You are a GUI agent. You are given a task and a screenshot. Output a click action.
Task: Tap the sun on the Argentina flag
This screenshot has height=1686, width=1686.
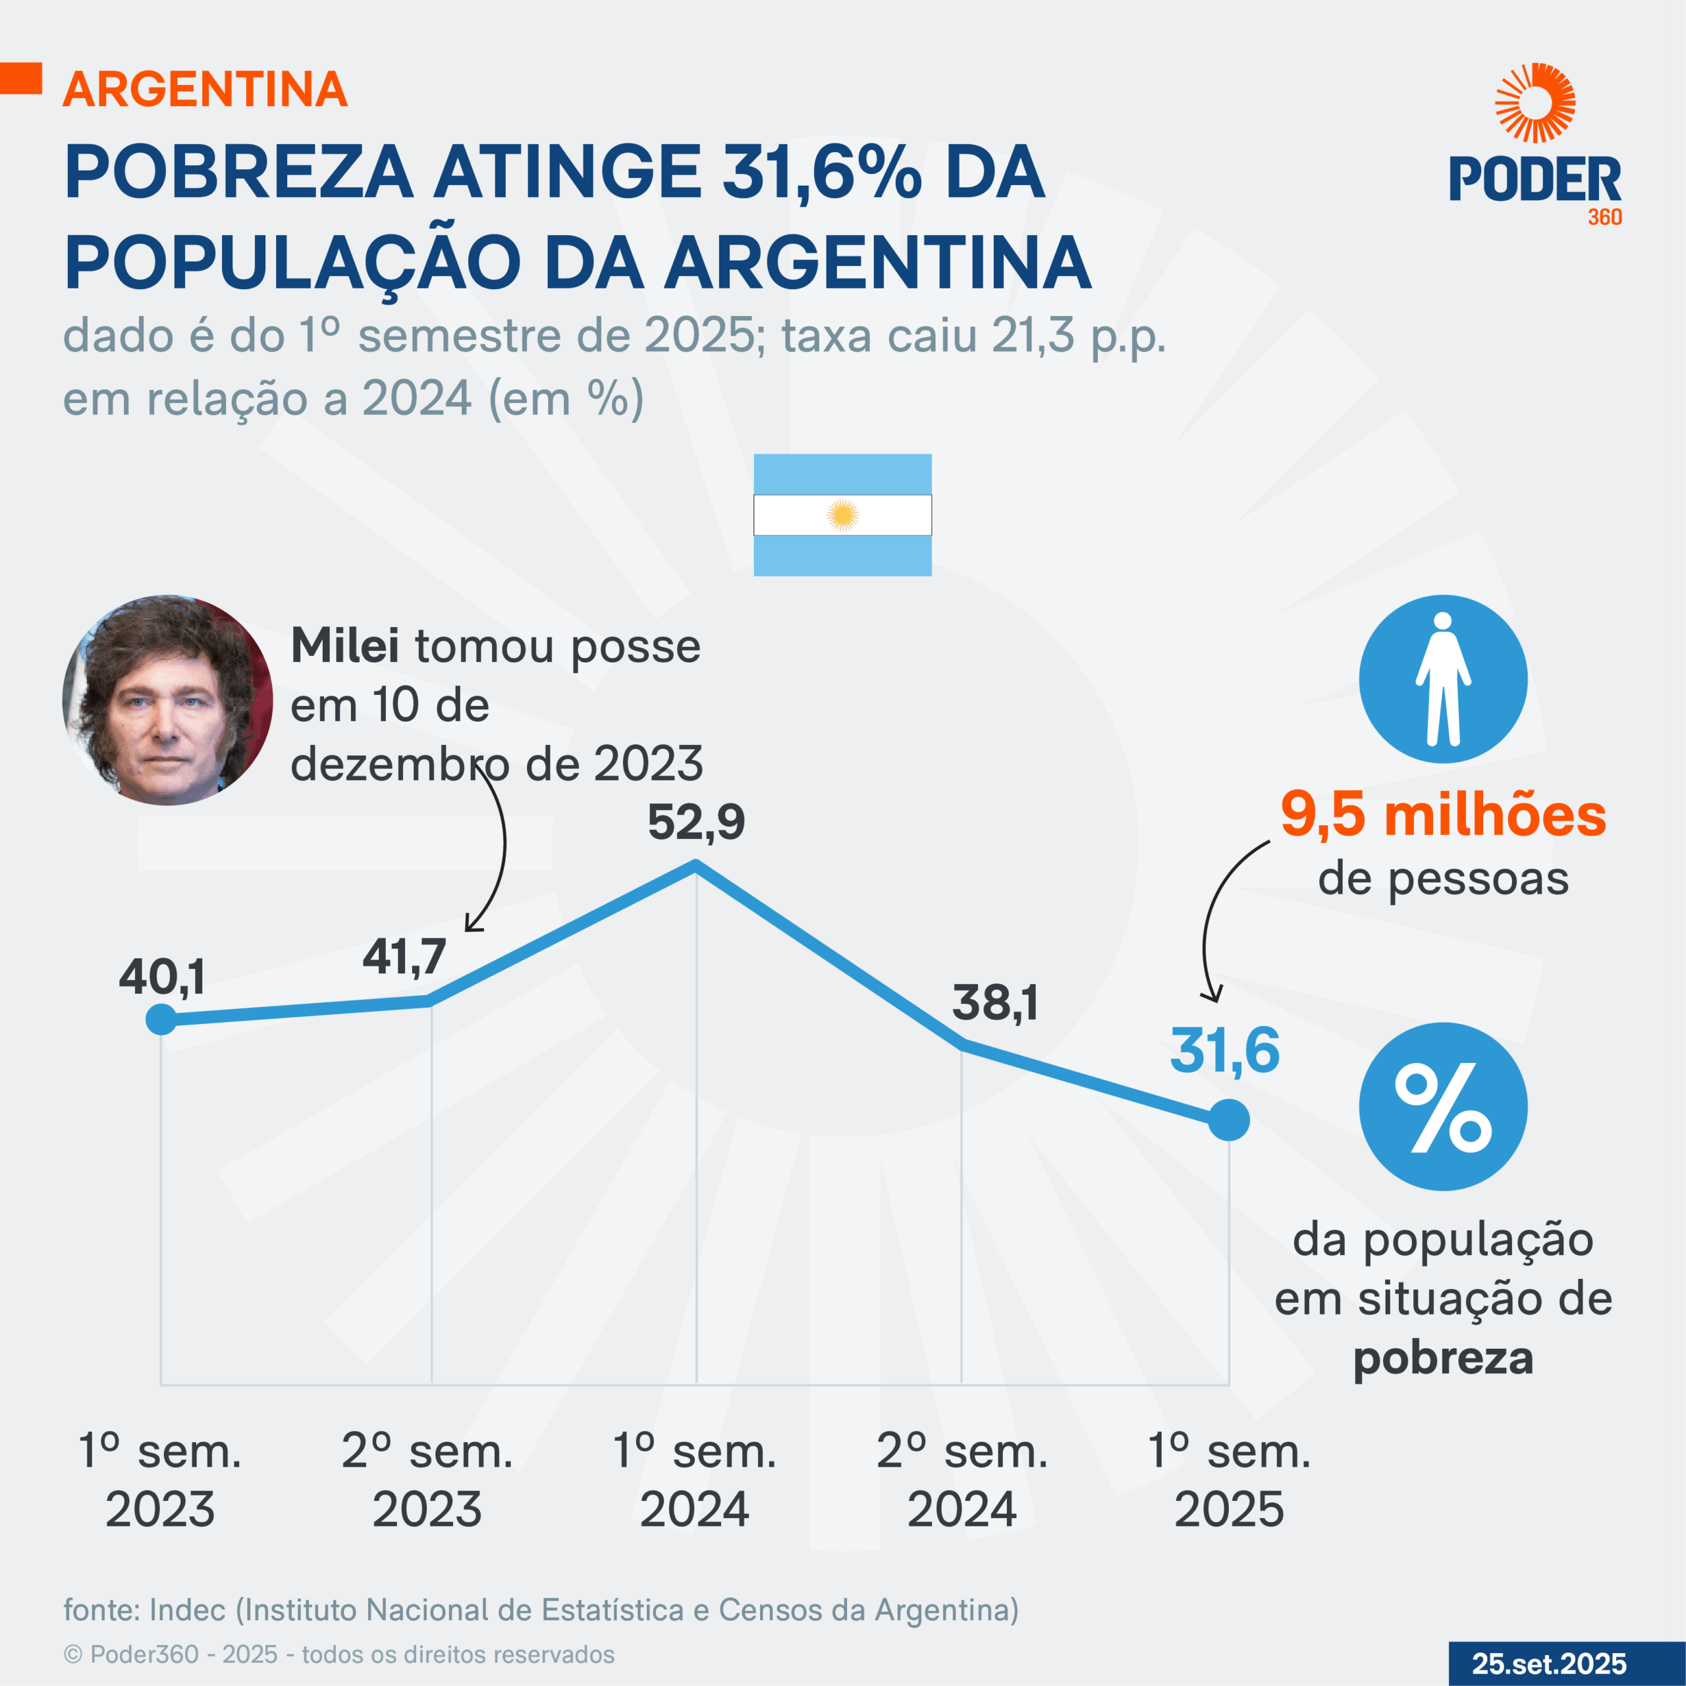pyautogui.click(x=842, y=515)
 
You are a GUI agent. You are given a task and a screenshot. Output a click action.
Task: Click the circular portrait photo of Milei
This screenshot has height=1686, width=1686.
pyautogui.click(x=167, y=700)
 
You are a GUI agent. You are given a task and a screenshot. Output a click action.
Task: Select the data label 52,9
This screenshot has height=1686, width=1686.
pyautogui.click(x=695, y=822)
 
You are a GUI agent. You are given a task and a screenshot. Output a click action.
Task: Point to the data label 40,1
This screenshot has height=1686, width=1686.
pyautogui.click(x=162, y=977)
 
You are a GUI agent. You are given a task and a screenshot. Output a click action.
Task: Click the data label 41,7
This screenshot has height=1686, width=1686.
pyautogui.click(x=404, y=956)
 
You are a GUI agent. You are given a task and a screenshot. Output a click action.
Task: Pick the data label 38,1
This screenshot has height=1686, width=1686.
pyautogui.click(x=995, y=1002)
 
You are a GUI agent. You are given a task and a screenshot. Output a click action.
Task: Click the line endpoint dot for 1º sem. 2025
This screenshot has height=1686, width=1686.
pyautogui.click(x=1229, y=1120)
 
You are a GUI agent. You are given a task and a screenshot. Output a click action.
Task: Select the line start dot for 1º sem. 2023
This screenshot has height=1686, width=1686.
pyautogui.click(x=161, y=1018)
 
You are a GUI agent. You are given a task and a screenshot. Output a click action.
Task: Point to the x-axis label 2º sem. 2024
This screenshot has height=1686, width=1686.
pyautogui.click(x=962, y=1480)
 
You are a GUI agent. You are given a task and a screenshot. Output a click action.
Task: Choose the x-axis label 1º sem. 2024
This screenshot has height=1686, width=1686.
pyautogui.click(x=695, y=1480)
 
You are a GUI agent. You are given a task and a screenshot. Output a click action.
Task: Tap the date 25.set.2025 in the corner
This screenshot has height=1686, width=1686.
pyautogui.click(x=1549, y=1664)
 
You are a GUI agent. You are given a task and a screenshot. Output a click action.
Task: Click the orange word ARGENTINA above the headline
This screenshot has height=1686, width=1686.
pyautogui.click(x=205, y=89)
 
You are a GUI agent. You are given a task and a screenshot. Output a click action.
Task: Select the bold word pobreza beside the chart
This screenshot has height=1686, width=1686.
pyautogui.click(x=1442, y=1358)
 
